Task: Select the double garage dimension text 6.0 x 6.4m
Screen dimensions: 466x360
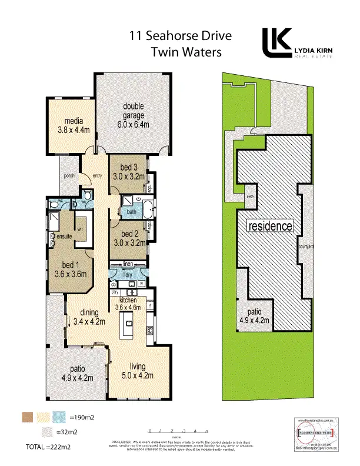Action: (134, 124)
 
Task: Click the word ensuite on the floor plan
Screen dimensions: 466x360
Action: (64, 236)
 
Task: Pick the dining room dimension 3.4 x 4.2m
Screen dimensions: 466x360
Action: (89, 321)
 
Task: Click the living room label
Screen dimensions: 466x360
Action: (138, 367)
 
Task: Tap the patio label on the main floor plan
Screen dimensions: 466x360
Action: (78, 370)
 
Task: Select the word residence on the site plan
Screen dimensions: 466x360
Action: (269, 226)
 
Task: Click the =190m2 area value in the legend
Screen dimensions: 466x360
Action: (81, 417)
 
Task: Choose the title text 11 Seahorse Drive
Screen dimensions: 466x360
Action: (181, 36)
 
